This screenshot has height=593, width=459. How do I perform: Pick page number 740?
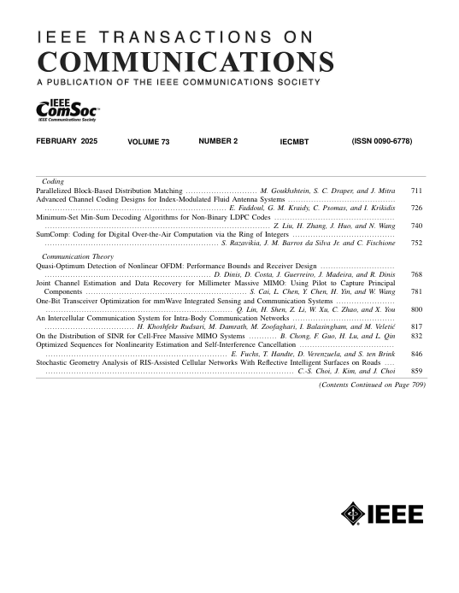tap(417, 226)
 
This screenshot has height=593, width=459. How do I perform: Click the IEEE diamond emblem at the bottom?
tap(352, 514)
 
